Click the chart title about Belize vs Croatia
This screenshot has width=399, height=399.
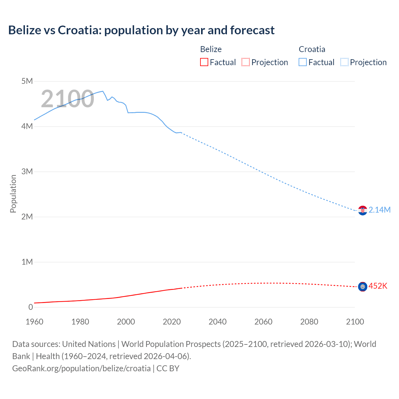(x=141, y=30)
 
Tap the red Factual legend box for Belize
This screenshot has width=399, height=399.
(x=204, y=62)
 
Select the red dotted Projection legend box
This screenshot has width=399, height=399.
(x=246, y=62)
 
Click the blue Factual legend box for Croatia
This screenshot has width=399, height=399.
(x=302, y=62)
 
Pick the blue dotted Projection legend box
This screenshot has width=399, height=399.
(x=344, y=62)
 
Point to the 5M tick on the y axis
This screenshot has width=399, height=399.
(x=27, y=81)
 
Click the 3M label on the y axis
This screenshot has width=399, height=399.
(x=27, y=171)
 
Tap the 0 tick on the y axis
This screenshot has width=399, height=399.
(x=31, y=307)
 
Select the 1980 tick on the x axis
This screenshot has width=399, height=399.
(x=80, y=322)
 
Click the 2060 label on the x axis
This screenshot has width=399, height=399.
(x=263, y=322)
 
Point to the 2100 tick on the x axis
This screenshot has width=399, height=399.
(x=355, y=322)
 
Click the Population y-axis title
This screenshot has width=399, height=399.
(x=13, y=194)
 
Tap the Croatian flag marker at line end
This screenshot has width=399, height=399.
(x=363, y=210)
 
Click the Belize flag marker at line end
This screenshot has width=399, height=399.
(x=363, y=286)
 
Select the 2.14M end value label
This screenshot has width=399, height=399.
(x=379, y=210)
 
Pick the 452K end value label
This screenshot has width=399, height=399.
(x=378, y=286)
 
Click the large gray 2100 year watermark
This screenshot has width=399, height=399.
(x=67, y=99)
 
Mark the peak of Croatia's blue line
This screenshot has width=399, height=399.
(x=103, y=91)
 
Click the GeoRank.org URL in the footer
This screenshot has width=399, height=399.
(x=81, y=368)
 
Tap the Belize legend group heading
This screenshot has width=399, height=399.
(x=211, y=49)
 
